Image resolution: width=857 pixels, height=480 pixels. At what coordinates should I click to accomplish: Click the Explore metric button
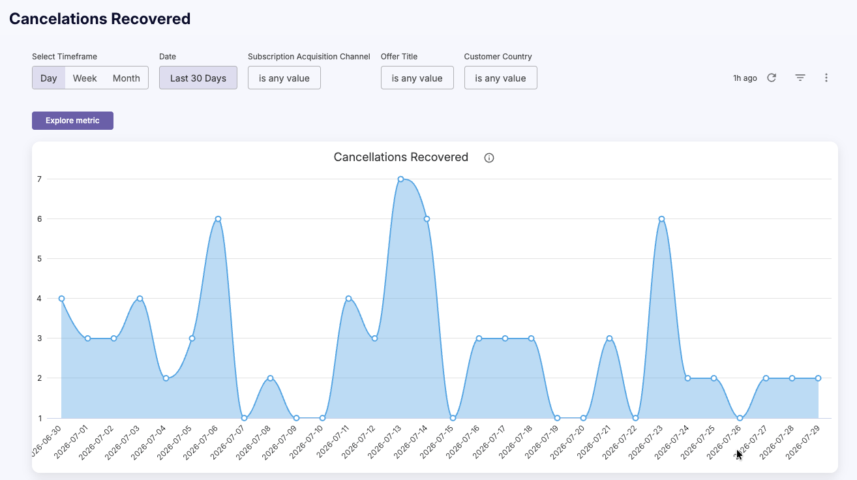(72, 121)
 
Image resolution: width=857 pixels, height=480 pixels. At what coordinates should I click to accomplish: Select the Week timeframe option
(85, 78)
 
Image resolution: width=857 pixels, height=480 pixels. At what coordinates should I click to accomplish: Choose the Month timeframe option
(127, 78)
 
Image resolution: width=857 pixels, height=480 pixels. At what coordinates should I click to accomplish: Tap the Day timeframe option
(48, 78)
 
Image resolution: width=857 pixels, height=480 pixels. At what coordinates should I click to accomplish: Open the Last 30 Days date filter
(198, 78)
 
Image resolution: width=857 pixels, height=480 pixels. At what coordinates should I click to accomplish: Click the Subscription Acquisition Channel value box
(284, 78)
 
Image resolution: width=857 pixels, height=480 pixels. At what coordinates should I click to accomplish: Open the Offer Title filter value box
(417, 78)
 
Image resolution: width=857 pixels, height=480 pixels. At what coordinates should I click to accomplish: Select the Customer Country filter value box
(500, 78)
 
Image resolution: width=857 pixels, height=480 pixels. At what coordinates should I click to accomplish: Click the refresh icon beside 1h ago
(772, 78)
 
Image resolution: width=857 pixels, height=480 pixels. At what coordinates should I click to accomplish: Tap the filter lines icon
(800, 78)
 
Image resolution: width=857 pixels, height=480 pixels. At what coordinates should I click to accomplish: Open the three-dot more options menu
(826, 78)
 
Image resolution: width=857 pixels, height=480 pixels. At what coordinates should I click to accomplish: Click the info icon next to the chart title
(489, 158)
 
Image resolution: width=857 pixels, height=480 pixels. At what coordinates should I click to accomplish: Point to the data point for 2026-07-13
(400, 179)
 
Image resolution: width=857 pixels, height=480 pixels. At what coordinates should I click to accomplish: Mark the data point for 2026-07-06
(218, 219)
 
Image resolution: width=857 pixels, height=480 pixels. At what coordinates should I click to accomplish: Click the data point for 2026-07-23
(661, 219)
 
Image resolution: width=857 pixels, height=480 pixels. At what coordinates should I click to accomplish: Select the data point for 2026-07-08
(270, 378)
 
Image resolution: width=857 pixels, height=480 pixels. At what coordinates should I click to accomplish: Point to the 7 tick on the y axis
(39, 179)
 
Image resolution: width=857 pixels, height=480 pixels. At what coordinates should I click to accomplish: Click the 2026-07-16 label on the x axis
(462, 442)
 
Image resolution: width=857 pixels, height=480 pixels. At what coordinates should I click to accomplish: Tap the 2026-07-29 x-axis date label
(803, 442)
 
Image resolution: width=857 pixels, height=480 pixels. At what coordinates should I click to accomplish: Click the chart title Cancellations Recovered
(401, 157)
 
